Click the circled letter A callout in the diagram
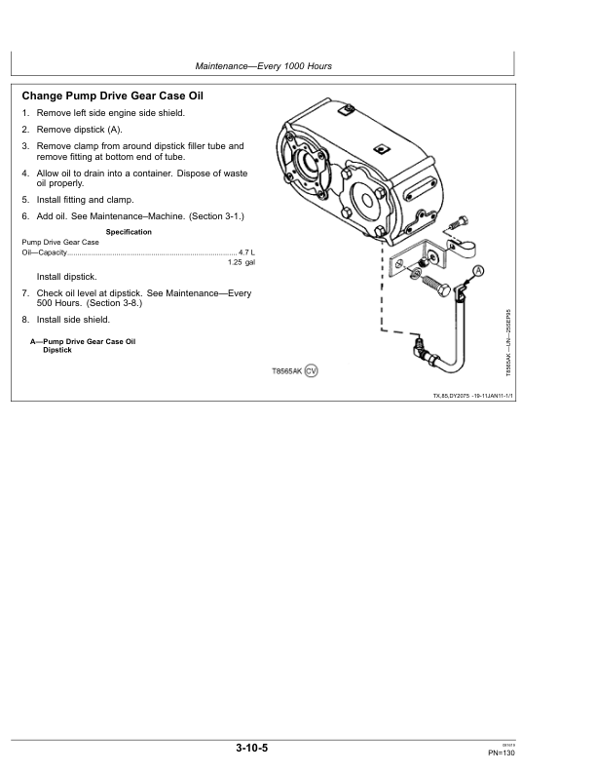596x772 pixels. click(478, 270)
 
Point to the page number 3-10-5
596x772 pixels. click(251, 748)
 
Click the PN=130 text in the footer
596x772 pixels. click(501, 753)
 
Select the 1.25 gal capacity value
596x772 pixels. click(241, 263)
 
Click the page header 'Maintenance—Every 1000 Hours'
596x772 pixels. click(264, 65)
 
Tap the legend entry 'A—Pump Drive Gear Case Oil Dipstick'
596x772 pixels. click(83, 345)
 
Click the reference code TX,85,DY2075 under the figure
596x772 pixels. click(459, 396)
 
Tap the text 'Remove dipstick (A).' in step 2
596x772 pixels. click(79, 129)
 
